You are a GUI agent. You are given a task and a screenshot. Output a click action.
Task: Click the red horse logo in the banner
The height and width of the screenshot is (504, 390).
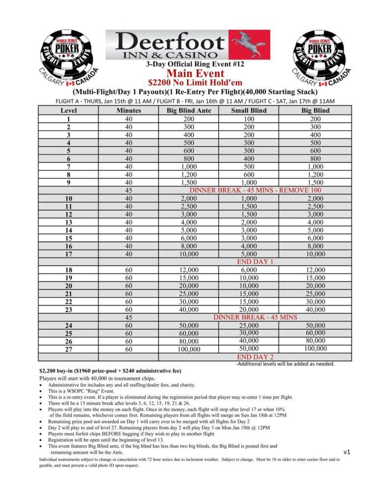[251, 43]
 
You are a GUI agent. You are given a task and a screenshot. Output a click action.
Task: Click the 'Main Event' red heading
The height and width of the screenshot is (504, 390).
[195, 73]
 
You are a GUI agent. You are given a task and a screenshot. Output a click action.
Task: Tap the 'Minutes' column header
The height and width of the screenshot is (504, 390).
[129, 111]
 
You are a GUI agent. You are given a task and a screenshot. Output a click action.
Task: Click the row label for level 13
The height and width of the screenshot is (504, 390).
[68, 222]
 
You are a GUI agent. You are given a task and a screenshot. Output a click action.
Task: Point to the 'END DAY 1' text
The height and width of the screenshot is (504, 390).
[255, 262]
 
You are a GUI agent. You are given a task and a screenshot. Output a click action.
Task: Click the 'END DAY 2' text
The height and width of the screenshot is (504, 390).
[255, 357]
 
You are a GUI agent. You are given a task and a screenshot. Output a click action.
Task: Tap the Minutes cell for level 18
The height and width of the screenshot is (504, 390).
[129, 270]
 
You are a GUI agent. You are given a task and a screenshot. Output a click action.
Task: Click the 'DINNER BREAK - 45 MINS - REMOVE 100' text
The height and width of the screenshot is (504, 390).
[255, 190]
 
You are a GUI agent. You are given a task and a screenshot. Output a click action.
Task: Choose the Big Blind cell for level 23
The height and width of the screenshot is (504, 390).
[315, 309]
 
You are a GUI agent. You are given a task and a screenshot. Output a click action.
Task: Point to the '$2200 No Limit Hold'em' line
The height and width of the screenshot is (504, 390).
[195, 83]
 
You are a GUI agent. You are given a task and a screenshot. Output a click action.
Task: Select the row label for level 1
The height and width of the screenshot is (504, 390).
[68, 119]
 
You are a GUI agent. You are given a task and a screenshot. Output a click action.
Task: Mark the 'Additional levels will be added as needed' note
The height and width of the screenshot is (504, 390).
[286, 364]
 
